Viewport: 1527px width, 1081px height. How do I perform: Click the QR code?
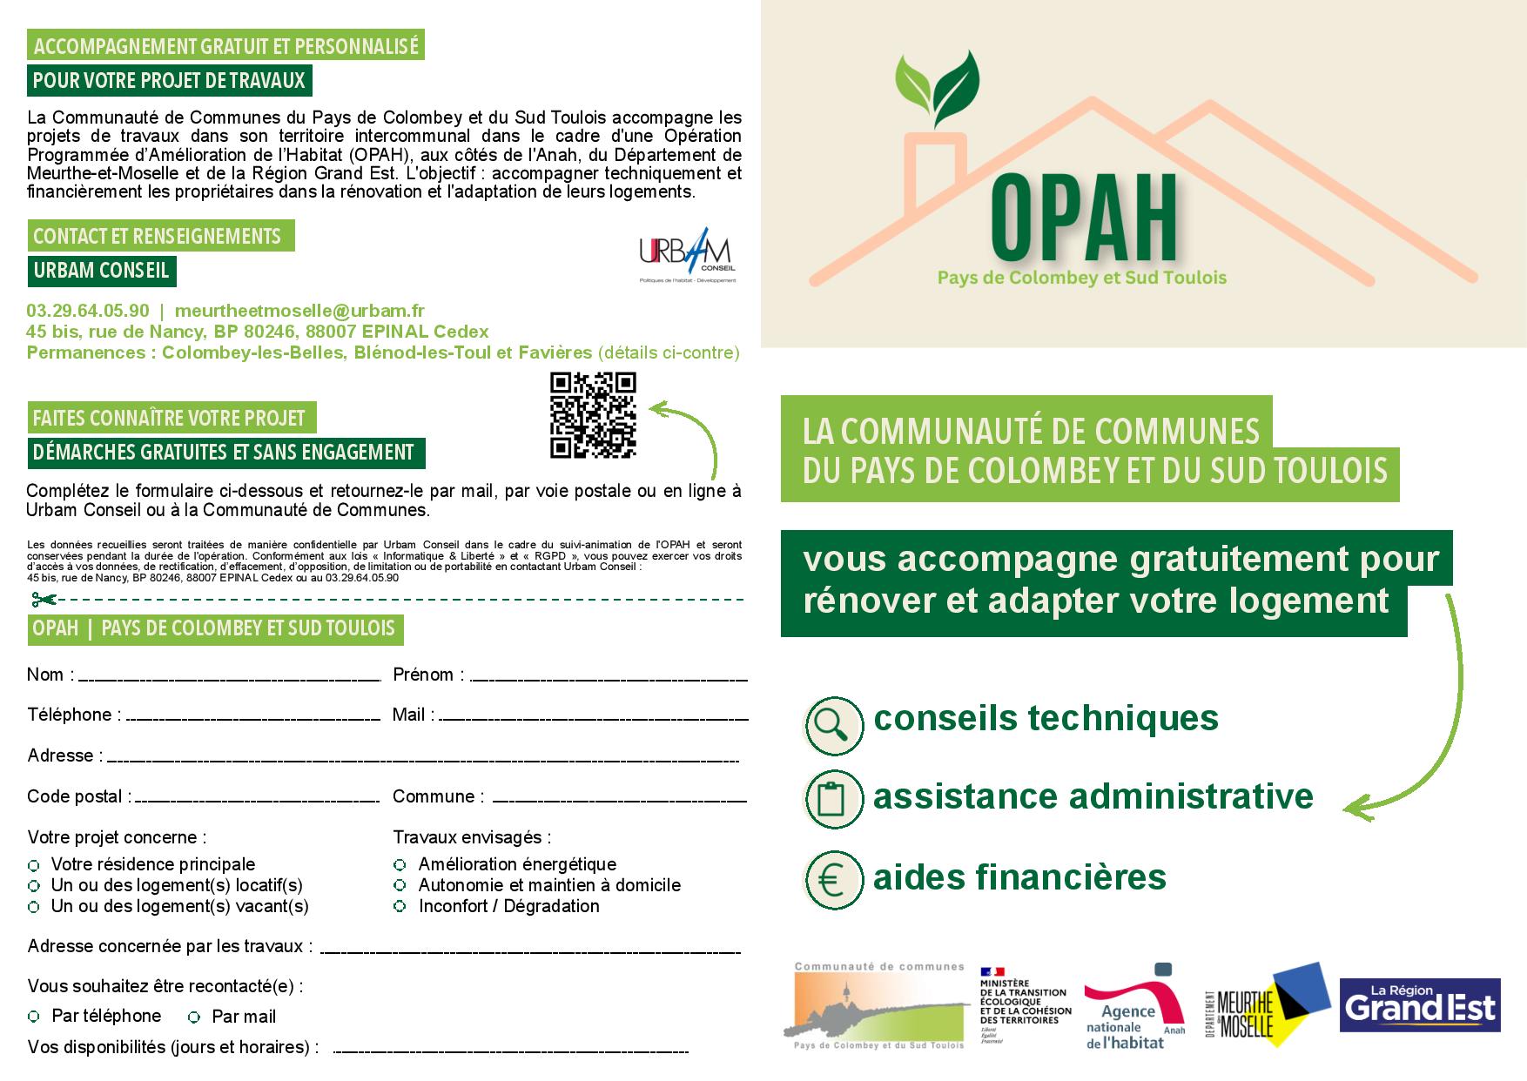click(x=593, y=415)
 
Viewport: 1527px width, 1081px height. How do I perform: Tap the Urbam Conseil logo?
click(x=687, y=258)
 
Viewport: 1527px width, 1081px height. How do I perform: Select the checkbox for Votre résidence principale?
click(x=34, y=865)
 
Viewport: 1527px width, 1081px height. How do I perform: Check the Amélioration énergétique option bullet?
click(x=400, y=865)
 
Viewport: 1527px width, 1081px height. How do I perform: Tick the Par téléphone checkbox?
click(x=34, y=1017)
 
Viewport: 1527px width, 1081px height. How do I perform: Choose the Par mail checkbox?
click(x=194, y=1017)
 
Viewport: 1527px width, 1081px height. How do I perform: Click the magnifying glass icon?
click(x=834, y=725)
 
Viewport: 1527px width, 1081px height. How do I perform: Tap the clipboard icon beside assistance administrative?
click(x=834, y=798)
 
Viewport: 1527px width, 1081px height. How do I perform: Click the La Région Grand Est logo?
click(x=1420, y=1005)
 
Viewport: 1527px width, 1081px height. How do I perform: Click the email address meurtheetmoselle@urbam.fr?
click(x=299, y=311)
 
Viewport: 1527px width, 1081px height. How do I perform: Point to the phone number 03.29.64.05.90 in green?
click(x=88, y=311)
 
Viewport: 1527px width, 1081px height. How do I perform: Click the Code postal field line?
click(x=257, y=799)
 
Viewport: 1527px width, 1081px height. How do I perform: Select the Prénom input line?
click(x=609, y=677)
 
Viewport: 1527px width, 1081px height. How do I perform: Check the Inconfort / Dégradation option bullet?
click(x=400, y=907)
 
